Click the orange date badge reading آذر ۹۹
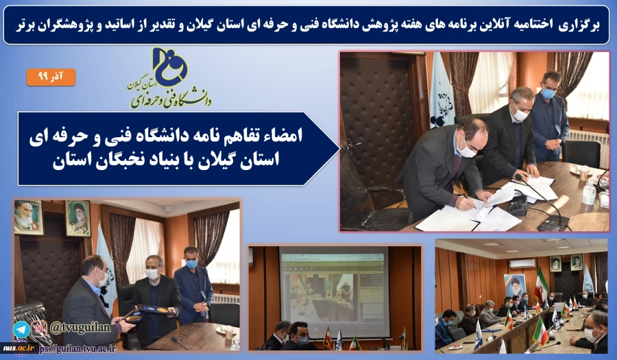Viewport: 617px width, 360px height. click(51, 76)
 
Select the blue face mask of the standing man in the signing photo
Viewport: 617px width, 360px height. click(548, 93)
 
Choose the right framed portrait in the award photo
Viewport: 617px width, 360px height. click(77, 217)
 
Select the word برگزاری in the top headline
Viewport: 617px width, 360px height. click(578, 25)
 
